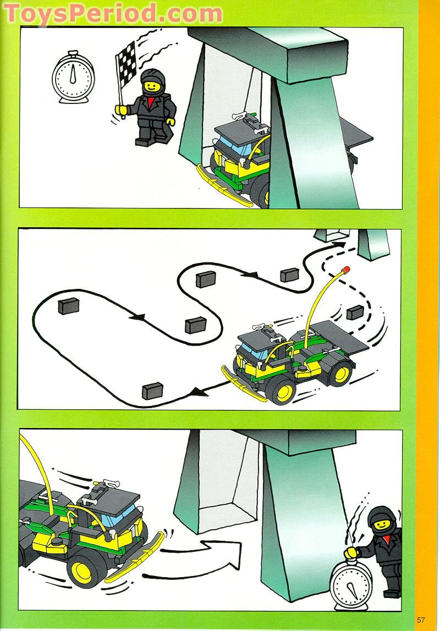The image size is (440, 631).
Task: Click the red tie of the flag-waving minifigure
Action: (150, 103)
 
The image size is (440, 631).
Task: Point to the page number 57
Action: (421, 619)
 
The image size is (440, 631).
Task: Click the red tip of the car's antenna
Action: (346, 270)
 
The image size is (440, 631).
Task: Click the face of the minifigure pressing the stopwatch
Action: (381, 526)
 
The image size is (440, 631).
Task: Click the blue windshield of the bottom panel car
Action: (118, 518)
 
